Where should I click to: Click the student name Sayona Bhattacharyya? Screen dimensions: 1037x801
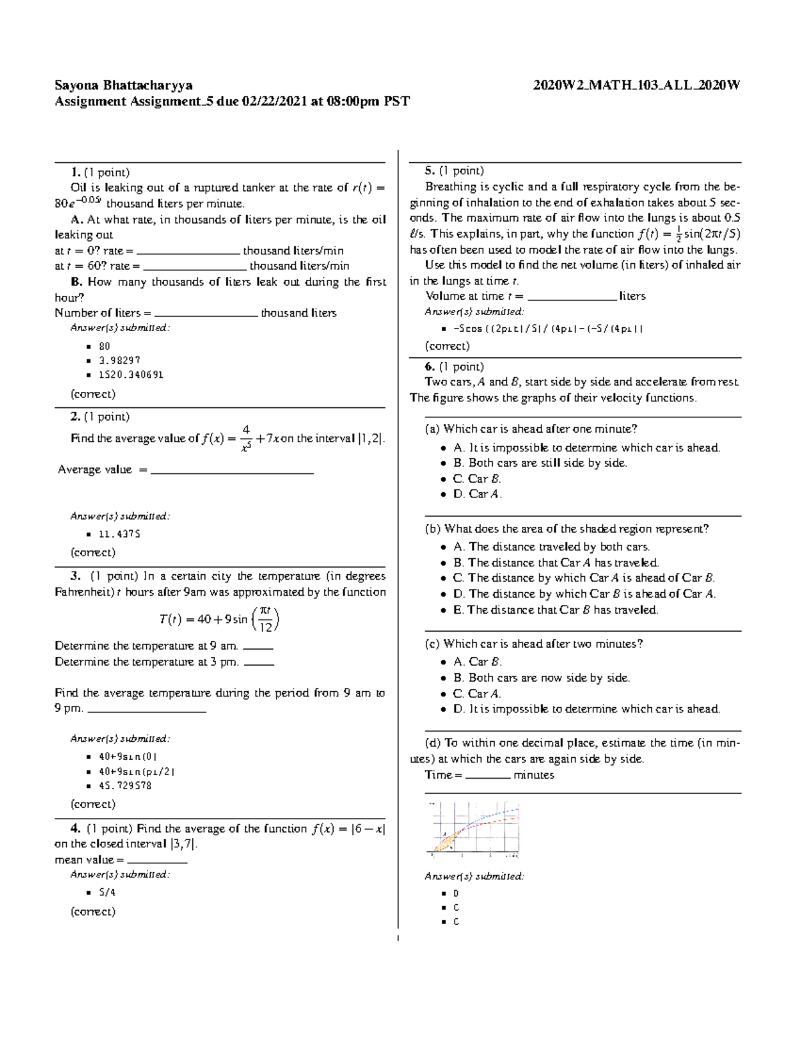pyautogui.click(x=123, y=85)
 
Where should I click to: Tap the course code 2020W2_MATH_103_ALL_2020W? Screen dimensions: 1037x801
pyautogui.click(x=637, y=85)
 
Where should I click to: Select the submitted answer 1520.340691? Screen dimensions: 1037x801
pyautogui.click(x=131, y=375)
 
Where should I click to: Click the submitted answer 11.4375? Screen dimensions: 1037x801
pyautogui.click(x=119, y=534)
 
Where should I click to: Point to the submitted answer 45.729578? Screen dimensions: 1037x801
pyautogui.click(x=125, y=786)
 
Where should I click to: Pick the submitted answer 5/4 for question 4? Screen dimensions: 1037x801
pyautogui.click(x=107, y=892)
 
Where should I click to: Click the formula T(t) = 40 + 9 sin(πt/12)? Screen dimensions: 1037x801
pyautogui.click(x=220, y=619)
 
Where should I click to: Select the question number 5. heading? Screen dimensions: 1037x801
pyautogui.click(x=430, y=171)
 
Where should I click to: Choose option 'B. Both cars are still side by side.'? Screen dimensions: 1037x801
pyautogui.click(x=540, y=463)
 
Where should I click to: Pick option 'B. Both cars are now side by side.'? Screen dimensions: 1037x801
pyautogui.click(x=541, y=678)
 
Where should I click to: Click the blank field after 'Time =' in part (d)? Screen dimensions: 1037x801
pyautogui.click(x=487, y=775)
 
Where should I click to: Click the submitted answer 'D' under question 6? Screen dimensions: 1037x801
pyautogui.click(x=456, y=893)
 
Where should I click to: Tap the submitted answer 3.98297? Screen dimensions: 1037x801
pyautogui.click(x=119, y=361)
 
